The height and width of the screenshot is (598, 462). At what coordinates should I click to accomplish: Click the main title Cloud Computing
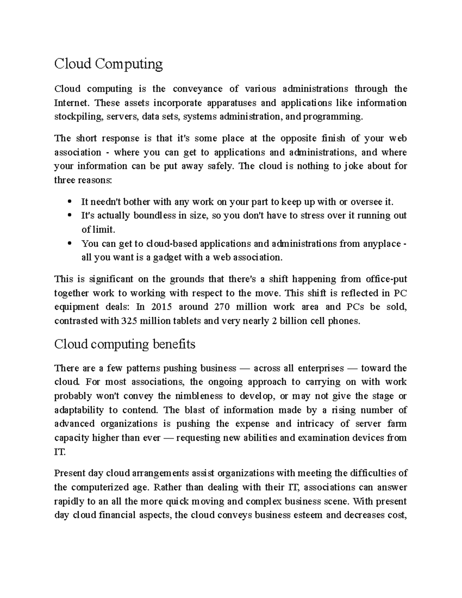(108, 64)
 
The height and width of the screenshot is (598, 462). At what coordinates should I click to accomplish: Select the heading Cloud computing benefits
(124, 344)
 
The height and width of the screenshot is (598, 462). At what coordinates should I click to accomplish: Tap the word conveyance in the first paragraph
(198, 89)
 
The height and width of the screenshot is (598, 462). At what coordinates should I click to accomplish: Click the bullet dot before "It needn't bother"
(70, 201)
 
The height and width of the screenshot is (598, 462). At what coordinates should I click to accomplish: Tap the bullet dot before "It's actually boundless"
(70, 216)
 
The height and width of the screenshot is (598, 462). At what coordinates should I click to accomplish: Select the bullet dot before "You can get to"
(70, 244)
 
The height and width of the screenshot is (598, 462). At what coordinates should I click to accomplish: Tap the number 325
(129, 321)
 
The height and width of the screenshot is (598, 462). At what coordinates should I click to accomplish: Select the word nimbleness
(199, 396)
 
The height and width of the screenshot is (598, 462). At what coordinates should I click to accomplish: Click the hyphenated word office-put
(386, 279)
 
